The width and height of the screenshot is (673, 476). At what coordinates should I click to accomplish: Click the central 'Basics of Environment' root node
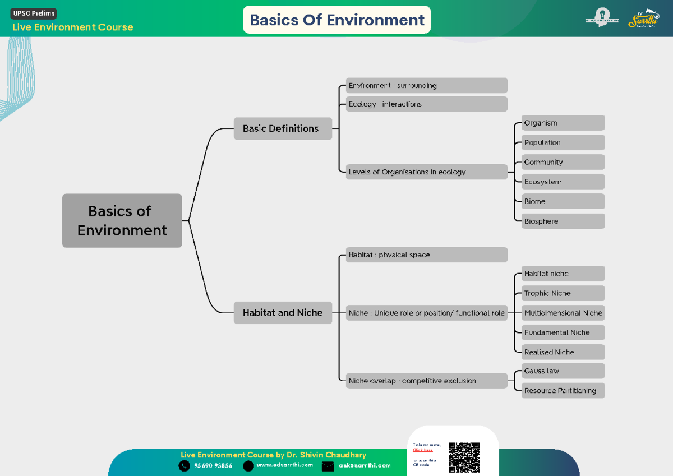122,220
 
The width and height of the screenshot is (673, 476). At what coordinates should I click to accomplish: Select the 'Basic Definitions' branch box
283,128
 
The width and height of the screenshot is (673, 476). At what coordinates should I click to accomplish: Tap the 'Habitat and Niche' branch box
283,313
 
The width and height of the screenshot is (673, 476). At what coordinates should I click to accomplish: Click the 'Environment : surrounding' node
426,86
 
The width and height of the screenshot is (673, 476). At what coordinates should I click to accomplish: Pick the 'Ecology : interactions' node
426,104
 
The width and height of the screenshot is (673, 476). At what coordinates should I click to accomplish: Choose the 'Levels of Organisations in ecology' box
426,172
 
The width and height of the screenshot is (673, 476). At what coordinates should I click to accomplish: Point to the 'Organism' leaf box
563,123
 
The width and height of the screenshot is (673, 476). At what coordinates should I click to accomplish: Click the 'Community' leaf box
563,162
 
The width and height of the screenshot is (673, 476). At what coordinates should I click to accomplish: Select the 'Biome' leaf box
563,201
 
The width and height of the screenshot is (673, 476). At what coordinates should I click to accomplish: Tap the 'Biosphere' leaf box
563,221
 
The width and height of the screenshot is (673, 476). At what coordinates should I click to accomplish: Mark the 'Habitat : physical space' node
426,255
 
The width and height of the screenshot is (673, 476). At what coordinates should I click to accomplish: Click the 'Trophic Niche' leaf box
563,293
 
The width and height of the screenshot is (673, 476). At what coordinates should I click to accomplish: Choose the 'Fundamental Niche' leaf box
563,332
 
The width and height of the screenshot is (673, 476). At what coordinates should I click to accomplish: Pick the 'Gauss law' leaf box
563,371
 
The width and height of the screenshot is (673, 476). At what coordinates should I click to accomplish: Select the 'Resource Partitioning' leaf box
563,391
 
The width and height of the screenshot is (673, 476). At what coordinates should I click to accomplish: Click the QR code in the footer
464,457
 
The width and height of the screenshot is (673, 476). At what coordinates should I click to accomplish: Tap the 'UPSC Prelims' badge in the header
34,13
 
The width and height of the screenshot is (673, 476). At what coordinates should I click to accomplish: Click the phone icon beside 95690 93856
184,466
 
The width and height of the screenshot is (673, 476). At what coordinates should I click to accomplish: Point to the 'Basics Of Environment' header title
336,20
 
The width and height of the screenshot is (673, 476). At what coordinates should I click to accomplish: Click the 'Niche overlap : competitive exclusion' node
426,381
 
